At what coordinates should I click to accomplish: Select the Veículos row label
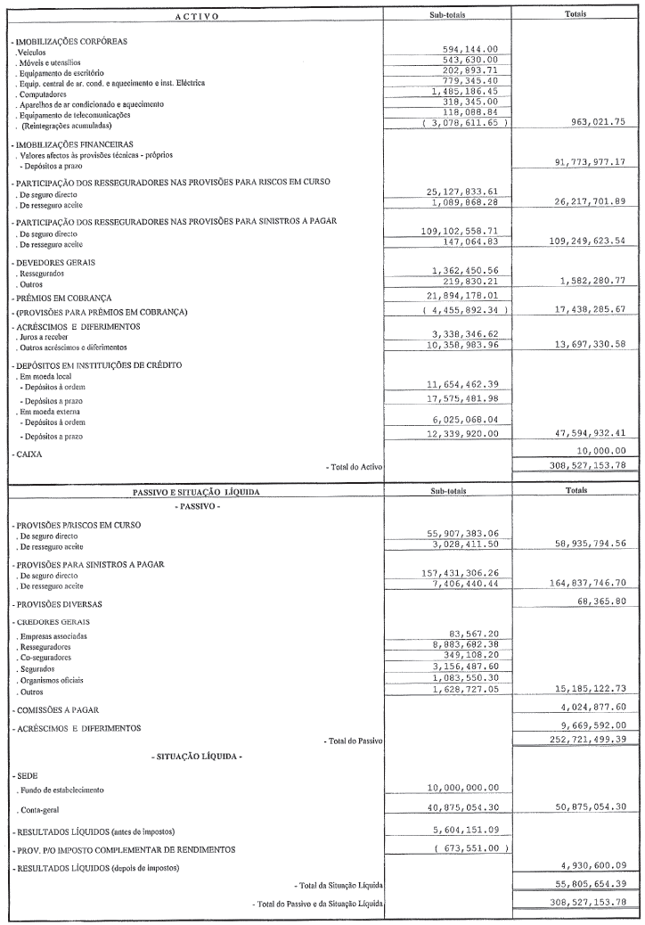coord(25,53)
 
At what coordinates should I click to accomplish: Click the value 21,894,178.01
coord(469,296)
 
